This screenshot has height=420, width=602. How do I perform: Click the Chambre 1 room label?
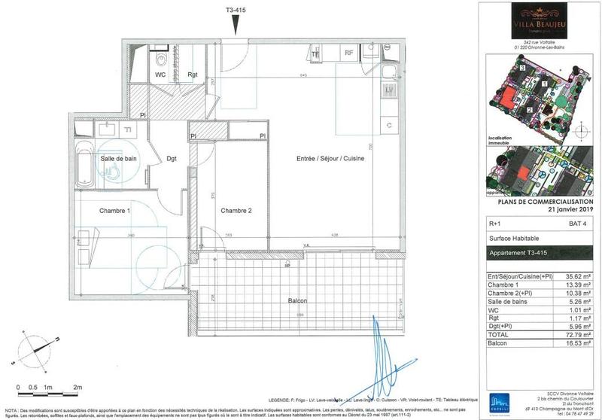[x=115, y=211]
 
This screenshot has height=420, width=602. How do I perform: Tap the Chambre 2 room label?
[x=236, y=211]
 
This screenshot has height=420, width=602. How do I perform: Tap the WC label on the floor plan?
[x=160, y=75]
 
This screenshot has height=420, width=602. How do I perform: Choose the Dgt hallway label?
[x=172, y=159]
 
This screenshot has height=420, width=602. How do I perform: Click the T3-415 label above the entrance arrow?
[x=237, y=10]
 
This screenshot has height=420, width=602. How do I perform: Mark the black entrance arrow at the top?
[x=237, y=26]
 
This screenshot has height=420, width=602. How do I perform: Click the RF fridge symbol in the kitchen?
[x=348, y=53]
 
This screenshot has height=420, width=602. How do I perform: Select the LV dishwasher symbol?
[x=389, y=90]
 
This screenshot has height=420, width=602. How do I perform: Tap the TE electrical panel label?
[x=316, y=54]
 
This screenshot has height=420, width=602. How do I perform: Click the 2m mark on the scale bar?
[x=78, y=387]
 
